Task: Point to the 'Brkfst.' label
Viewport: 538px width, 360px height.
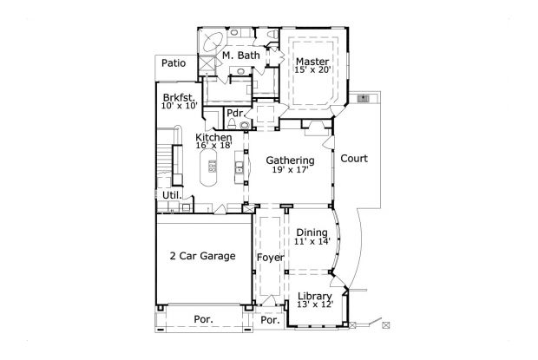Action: [x=177, y=96]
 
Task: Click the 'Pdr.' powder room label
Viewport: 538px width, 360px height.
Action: [x=233, y=114]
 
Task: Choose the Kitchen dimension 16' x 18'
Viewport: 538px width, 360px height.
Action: [x=213, y=147]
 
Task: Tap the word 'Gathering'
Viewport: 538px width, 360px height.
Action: [x=290, y=160]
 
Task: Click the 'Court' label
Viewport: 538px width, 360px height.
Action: [x=353, y=159]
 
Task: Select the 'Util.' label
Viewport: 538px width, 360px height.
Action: [x=171, y=195]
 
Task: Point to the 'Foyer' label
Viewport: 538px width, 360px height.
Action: [x=270, y=258]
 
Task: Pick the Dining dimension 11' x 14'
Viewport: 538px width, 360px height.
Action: [x=312, y=243]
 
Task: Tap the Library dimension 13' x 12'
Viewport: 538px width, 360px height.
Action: [x=314, y=306]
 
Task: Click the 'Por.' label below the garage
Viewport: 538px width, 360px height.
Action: [x=203, y=319]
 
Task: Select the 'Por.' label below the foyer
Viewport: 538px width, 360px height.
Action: [x=270, y=319]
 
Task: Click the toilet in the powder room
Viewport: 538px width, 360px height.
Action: [x=246, y=125]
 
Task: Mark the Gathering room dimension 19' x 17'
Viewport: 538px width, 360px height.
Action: [x=290, y=172]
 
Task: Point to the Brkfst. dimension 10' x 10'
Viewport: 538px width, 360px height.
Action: [x=180, y=106]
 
